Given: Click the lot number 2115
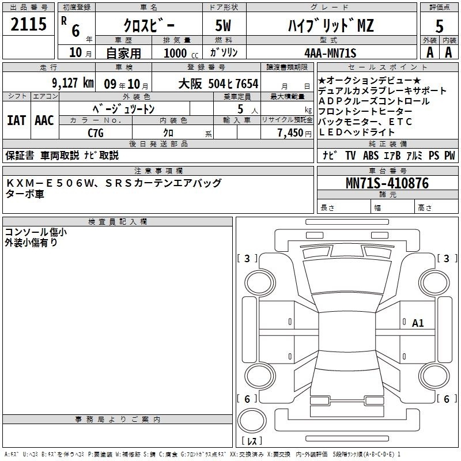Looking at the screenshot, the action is click(28, 24).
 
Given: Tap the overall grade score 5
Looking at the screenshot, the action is click(439, 27).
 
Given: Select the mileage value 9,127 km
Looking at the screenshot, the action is click(73, 83).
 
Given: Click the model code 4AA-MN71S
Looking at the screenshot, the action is click(330, 53).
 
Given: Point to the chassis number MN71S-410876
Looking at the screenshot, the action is click(387, 183).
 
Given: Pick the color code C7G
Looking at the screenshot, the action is click(96, 133).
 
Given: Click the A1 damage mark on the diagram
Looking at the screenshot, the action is click(417, 323).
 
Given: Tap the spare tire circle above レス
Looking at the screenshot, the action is click(252, 421).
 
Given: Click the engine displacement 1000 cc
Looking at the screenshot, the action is click(181, 53).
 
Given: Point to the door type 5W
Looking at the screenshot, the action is click(223, 25).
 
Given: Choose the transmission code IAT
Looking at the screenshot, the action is click(17, 120).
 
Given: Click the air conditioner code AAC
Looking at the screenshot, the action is click(44, 120).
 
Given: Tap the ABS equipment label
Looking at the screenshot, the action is click(371, 155).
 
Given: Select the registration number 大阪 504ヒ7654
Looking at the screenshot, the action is click(218, 84).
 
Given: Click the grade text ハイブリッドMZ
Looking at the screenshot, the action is click(331, 25).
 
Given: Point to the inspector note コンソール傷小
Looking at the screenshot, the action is click(36, 232).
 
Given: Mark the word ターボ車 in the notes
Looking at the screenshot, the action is click(25, 194).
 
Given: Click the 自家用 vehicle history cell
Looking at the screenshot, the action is click(123, 53).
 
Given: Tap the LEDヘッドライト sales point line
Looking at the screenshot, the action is click(356, 133).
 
